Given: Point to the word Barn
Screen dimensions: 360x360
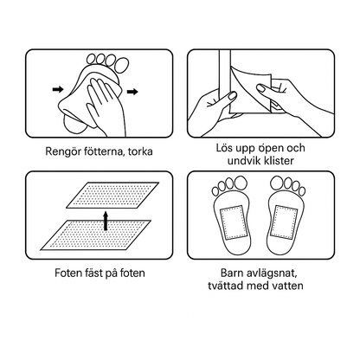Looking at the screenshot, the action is click(x=232, y=273).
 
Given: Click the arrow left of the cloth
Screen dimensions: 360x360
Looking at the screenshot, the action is click(x=58, y=89).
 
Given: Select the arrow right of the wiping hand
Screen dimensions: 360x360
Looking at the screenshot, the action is click(x=132, y=92).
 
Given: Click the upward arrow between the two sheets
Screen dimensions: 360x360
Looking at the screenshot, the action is click(x=106, y=221).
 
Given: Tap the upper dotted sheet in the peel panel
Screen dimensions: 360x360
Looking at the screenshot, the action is click(x=112, y=195).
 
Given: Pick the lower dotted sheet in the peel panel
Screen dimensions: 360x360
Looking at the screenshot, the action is click(x=95, y=235).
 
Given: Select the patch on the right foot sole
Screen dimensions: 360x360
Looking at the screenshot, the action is click(x=283, y=221).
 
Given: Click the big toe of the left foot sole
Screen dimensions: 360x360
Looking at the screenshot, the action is click(x=241, y=183).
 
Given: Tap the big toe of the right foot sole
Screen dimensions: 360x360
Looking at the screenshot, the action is click(x=278, y=183).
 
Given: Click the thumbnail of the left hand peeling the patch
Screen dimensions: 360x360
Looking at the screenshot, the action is click(x=232, y=96).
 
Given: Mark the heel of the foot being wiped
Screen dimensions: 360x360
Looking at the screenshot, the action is click(x=74, y=123).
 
